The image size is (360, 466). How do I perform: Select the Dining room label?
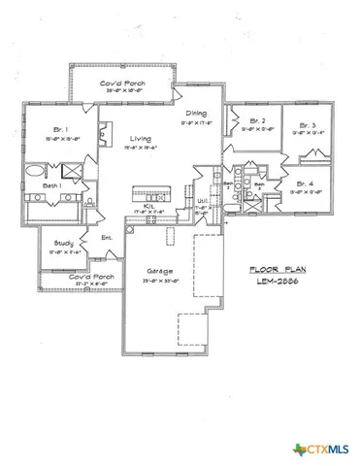(x=196, y=113)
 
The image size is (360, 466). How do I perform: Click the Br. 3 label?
(x=307, y=124)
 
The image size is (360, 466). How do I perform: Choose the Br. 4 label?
(x=304, y=182)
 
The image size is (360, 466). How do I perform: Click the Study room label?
(x=64, y=243)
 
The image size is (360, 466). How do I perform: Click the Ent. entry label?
(x=108, y=237)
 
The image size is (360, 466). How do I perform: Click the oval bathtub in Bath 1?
(x=35, y=171)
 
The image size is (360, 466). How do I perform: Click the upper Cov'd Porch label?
(x=123, y=85)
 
